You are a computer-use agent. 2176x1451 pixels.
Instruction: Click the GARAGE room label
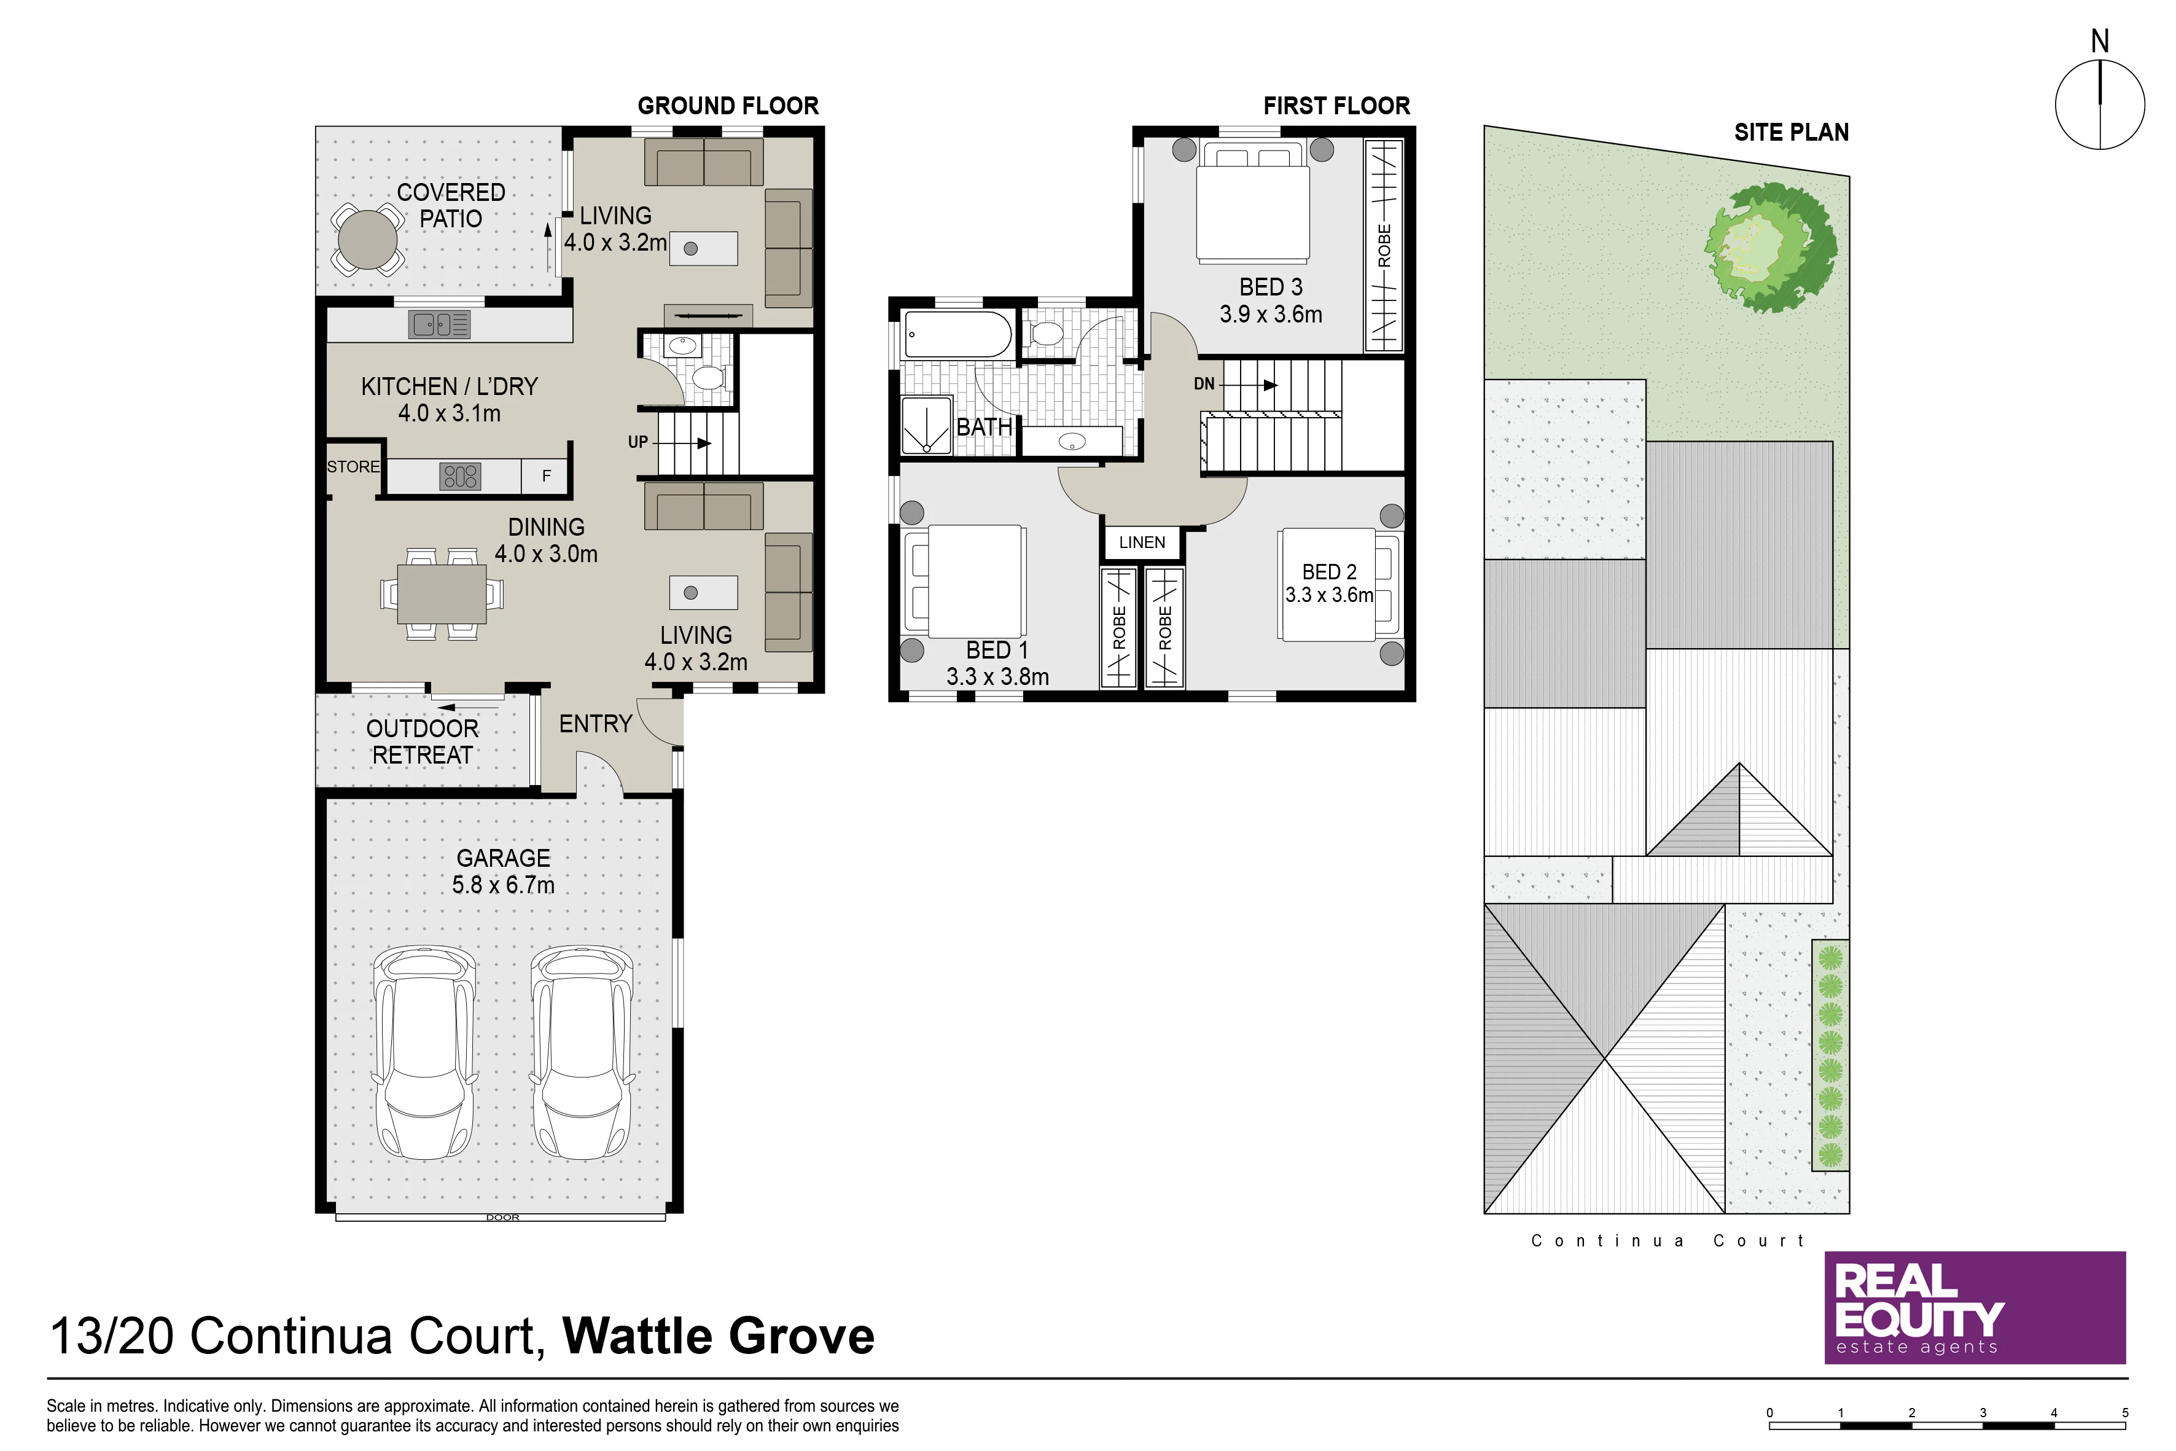(503, 858)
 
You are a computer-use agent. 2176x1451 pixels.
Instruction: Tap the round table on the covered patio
(367, 240)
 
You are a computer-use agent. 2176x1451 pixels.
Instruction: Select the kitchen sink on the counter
(440, 324)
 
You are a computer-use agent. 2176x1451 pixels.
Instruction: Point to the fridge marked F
(546, 475)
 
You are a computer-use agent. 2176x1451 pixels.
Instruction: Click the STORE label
(353, 466)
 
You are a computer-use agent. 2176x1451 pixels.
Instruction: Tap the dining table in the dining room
(442, 593)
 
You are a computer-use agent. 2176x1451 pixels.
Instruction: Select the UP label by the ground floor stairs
(638, 442)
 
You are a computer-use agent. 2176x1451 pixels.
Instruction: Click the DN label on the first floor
(1204, 384)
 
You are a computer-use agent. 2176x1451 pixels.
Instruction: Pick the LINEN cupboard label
(1142, 542)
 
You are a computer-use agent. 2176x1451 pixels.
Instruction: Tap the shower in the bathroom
(926, 424)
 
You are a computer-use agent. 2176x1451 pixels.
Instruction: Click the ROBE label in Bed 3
(1384, 245)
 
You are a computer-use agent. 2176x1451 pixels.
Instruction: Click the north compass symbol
(2100, 103)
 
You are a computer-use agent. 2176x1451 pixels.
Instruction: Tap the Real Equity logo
(1975, 1308)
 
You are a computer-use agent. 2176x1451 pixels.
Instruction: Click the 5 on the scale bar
(2125, 1413)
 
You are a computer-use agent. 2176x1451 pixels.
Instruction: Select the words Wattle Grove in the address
(718, 1336)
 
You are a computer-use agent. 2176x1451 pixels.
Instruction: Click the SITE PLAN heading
(1791, 132)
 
